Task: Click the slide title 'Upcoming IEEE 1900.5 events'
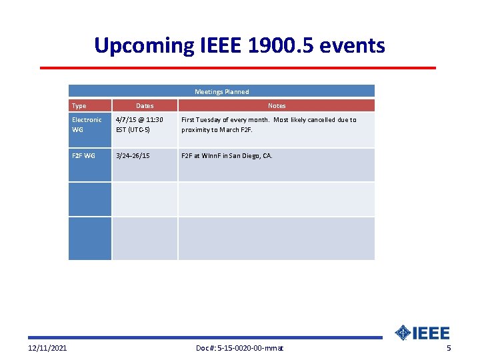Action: coord(239,45)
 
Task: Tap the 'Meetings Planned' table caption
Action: coord(221,91)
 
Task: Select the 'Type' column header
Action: coord(79,105)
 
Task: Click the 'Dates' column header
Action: coord(145,105)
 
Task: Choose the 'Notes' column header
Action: coord(276,105)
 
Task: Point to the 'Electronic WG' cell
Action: coord(87,125)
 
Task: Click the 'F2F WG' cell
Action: coord(83,155)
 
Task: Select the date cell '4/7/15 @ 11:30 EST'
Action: coord(139,125)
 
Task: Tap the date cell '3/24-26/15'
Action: coord(133,155)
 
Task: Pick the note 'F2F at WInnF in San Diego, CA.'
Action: coord(227,155)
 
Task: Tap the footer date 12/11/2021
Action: coord(47,349)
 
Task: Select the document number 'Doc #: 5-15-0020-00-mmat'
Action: coord(239,349)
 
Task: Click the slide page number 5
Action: coord(449,349)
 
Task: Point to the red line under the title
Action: coord(237,67)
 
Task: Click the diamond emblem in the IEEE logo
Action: coord(403,333)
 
